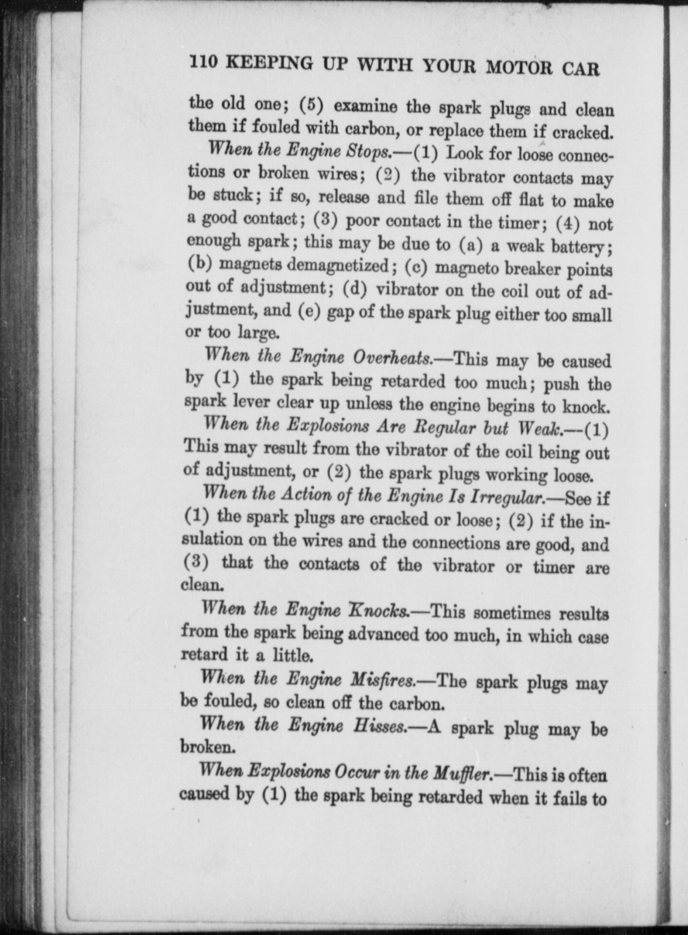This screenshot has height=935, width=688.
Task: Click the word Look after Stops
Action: pyautogui.click(x=465, y=154)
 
